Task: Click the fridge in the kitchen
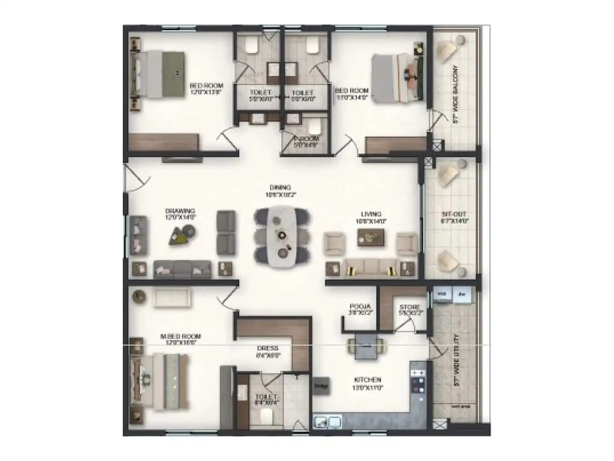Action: point(321,386)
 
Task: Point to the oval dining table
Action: point(281,236)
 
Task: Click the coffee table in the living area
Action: point(371,237)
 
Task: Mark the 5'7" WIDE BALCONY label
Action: point(456,94)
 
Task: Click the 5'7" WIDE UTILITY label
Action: point(456,360)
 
